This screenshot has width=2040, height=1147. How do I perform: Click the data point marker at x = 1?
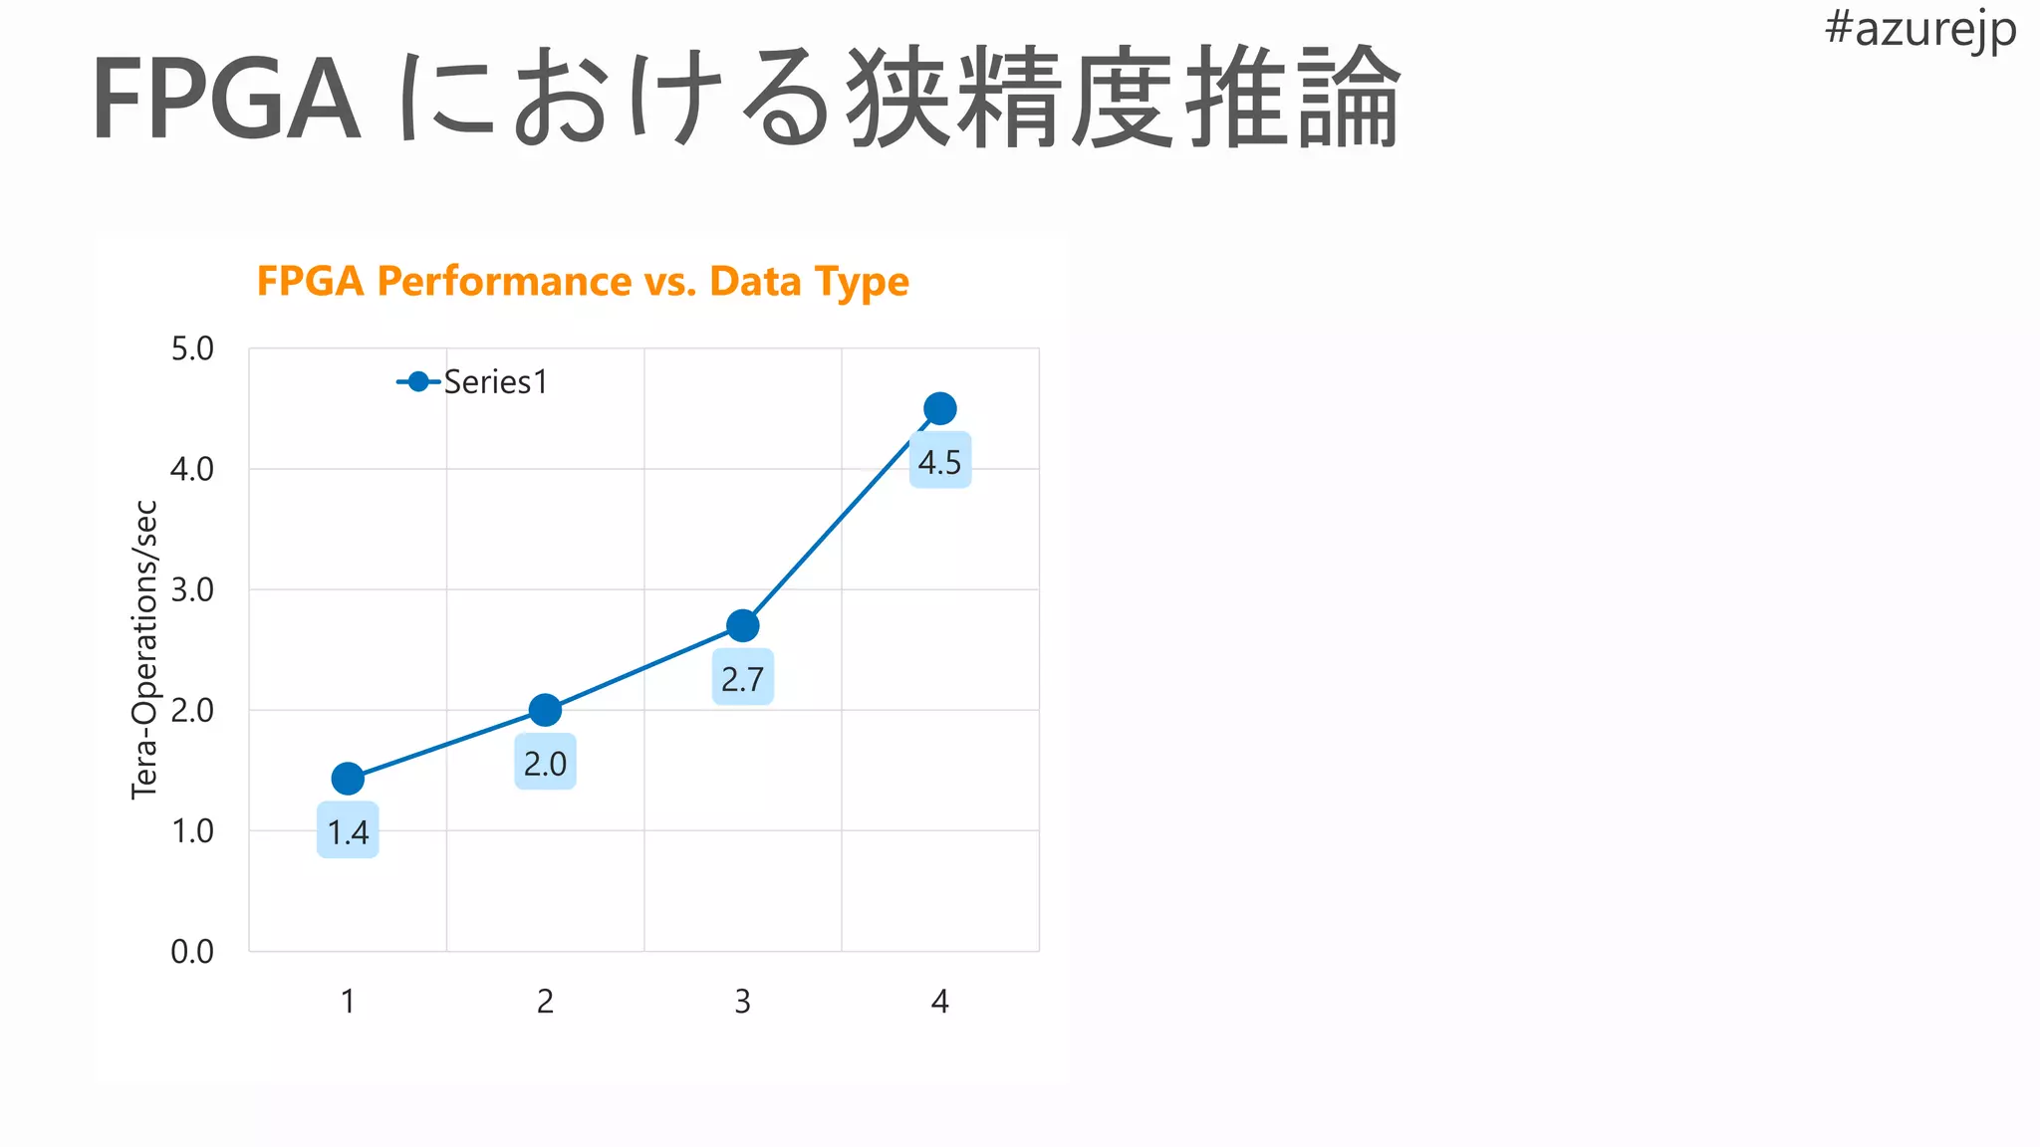pyautogui.click(x=348, y=778)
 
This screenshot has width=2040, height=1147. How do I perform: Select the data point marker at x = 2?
pyautogui.click(x=545, y=710)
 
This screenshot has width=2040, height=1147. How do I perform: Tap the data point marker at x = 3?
pyautogui.click(x=742, y=625)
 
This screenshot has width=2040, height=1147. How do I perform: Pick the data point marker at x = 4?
pyautogui.click(x=939, y=408)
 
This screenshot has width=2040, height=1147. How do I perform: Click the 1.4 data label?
pyautogui.click(x=348, y=831)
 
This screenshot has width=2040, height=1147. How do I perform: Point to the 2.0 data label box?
pyautogui.click(x=545, y=764)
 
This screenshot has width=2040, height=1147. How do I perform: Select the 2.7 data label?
pyautogui.click(x=742, y=679)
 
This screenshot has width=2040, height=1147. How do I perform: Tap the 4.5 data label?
pyautogui.click(x=939, y=462)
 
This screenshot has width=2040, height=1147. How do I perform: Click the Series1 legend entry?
pyautogui.click(x=474, y=382)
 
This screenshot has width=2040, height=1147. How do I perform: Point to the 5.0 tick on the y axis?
pyautogui.click(x=192, y=348)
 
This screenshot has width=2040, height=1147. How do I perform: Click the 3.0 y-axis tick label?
pyautogui.click(x=192, y=589)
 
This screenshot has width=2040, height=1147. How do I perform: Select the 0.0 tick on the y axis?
pyautogui.click(x=192, y=951)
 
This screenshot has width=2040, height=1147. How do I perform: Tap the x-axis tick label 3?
pyautogui.click(x=742, y=1002)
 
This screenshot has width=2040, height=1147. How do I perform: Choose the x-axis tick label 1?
pyautogui.click(x=348, y=1002)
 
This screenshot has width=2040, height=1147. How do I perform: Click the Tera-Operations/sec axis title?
pyautogui.click(x=145, y=649)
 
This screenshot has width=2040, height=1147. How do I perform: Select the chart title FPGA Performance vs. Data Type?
pyautogui.click(x=583, y=282)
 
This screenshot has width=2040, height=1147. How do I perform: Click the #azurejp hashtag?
pyautogui.click(x=1919, y=29)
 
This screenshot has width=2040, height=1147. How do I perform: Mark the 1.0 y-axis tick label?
pyautogui.click(x=192, y=830)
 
